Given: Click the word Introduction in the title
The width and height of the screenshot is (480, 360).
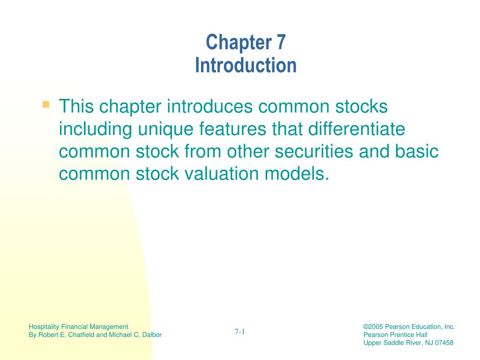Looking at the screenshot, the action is click(x=246, y=65).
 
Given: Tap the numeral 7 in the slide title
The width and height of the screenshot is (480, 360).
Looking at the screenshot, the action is click(x=281, y=42).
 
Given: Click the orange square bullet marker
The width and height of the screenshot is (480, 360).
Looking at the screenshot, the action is click(x=46, y=105).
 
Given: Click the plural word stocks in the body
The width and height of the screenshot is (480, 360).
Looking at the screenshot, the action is click(x=361, y=106).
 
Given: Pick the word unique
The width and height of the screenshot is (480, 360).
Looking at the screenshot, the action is click(x=165, y=129).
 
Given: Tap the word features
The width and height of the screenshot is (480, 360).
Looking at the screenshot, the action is click(x=232, y=129).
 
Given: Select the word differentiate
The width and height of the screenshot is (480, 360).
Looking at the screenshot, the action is click(x=357, y=129).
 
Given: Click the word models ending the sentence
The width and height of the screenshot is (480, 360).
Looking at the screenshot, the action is click(x=295, y=174).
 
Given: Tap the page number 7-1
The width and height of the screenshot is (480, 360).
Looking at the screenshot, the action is click(x=240, y=331).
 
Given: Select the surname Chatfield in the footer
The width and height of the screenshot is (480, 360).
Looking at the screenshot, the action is click(x=82, y=335).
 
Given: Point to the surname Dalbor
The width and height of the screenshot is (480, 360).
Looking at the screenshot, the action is click(x=152, y=335).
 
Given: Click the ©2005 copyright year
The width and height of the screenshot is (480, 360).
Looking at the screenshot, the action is click(x=373, y=327).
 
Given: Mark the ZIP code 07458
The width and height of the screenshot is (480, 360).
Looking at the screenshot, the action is click(x=444, y=343).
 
